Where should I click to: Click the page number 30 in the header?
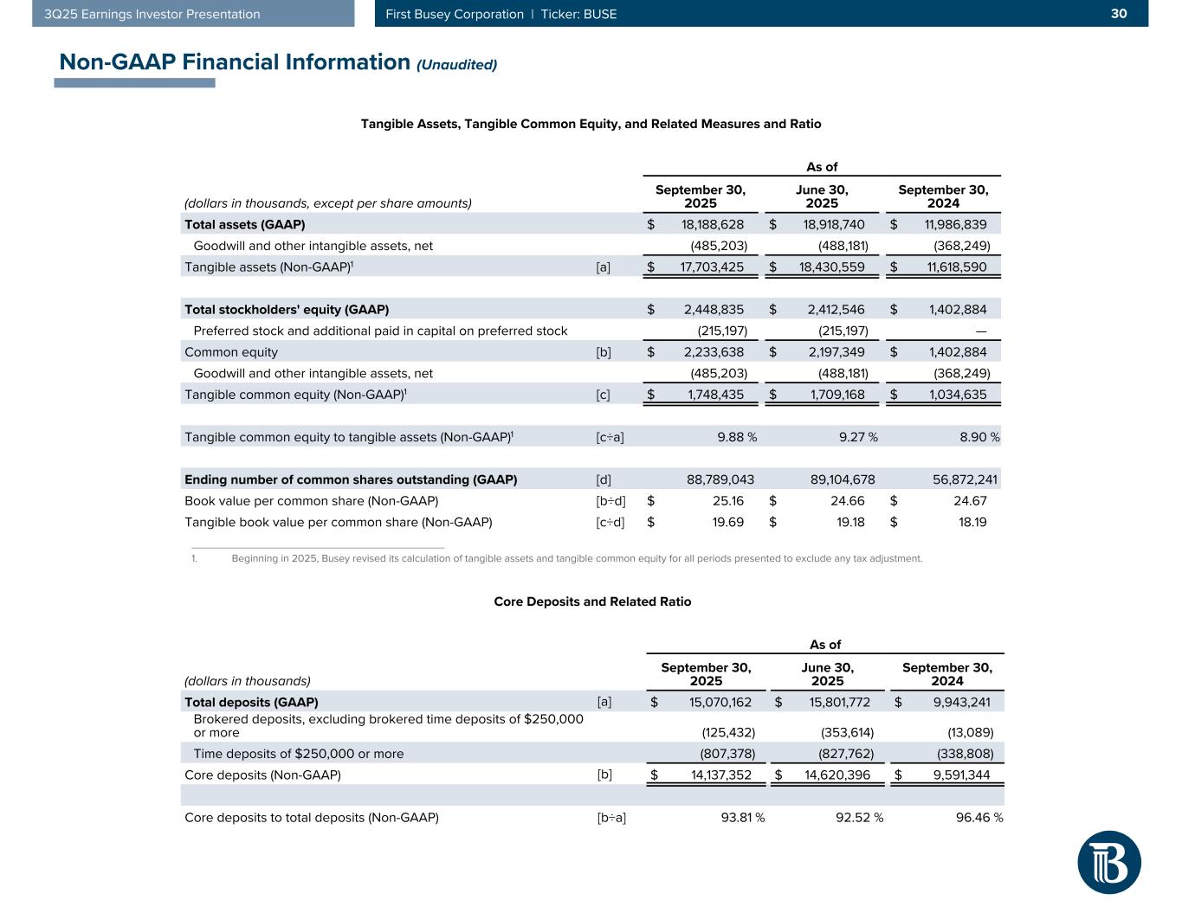pos(1119,14)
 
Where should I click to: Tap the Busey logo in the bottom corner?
pos(1109,862)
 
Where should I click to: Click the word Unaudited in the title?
pos(457,64)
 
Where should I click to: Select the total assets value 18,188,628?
pos(707,224)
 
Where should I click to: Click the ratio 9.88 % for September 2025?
pos(737,437)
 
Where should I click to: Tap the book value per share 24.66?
pos(848,500)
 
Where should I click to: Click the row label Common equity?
pos(231,352)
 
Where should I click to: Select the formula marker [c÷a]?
pos(610,437)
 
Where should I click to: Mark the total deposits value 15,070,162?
pos(720,702)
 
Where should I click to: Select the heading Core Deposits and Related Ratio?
pos(592,601)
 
